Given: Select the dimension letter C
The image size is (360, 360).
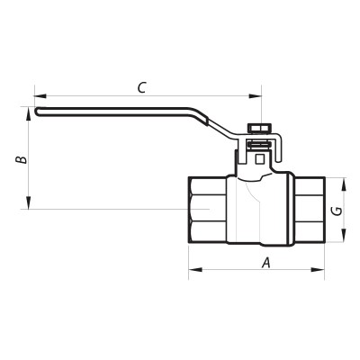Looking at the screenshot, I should click(x=141, y=87).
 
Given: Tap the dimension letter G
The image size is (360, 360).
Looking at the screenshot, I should click(x=335, y=211).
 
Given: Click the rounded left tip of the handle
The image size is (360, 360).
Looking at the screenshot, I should click(x=40, y=112).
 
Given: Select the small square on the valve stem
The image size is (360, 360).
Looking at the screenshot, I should click(x=259, y=159).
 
